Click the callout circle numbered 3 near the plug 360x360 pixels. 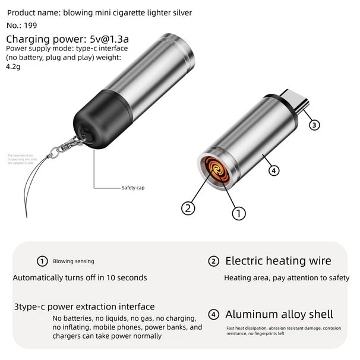pyautogui.click(x=315, y=125)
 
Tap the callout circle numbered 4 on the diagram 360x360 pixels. pyautogui.click(x=274, y=170)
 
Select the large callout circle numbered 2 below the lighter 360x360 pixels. pyautogui.click(x=188, y=208)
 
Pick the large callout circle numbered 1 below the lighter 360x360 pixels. pyautogui.click(x=239, y=212)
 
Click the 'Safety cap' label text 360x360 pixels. pyautogui.click(x=133, y=188)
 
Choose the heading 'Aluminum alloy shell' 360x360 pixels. pyautogui.click(x=279, y=314)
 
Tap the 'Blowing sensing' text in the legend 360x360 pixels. pyautogui.click(x=73, y=261)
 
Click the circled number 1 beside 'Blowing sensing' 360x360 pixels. pyautogui.click(x=42, y=261)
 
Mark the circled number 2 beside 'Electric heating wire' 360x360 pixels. pyautogui.click(x=214, y=261)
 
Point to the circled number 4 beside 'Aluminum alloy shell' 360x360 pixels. pyautogui.click(x=214, y=314)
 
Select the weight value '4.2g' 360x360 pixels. pyautogui.click(x=12, y=67)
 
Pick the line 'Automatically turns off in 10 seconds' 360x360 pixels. pyautogui.click(x=80, y=277)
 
